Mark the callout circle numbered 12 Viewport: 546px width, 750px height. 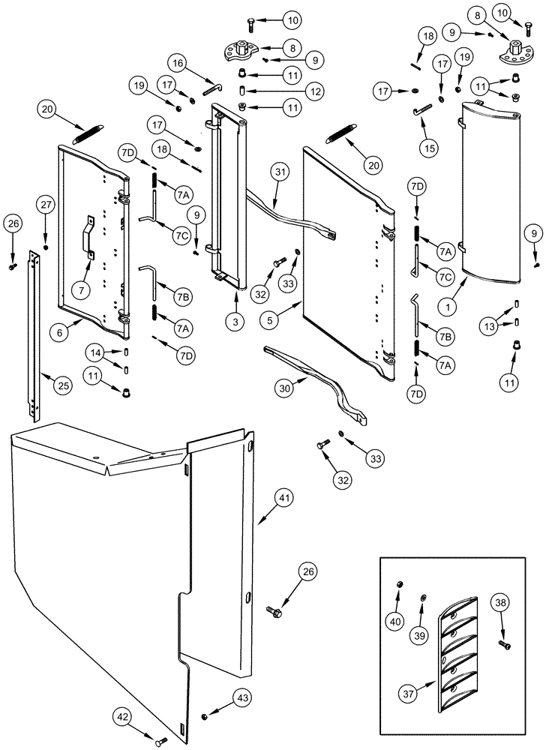coord(272,91)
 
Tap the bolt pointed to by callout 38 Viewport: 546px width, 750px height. coord(502,643)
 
